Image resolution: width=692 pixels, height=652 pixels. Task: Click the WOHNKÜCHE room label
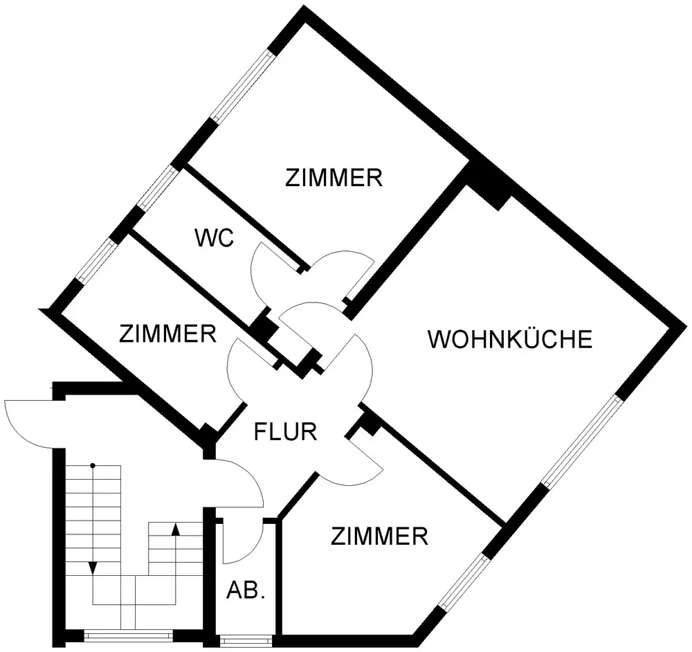point(510,340)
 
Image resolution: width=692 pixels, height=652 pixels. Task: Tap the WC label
point(216,239)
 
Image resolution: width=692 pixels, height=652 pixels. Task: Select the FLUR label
point(286,432)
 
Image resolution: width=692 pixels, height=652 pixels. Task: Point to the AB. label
point(246,591)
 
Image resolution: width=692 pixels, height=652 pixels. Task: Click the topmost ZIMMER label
point(334,178)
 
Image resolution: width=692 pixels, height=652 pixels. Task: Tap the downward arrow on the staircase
point(93,568)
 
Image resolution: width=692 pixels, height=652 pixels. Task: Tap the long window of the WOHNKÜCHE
point(579,441)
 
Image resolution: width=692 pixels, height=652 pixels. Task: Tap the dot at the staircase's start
point(93,465)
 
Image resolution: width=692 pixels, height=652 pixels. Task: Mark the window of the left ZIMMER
point(96,261)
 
